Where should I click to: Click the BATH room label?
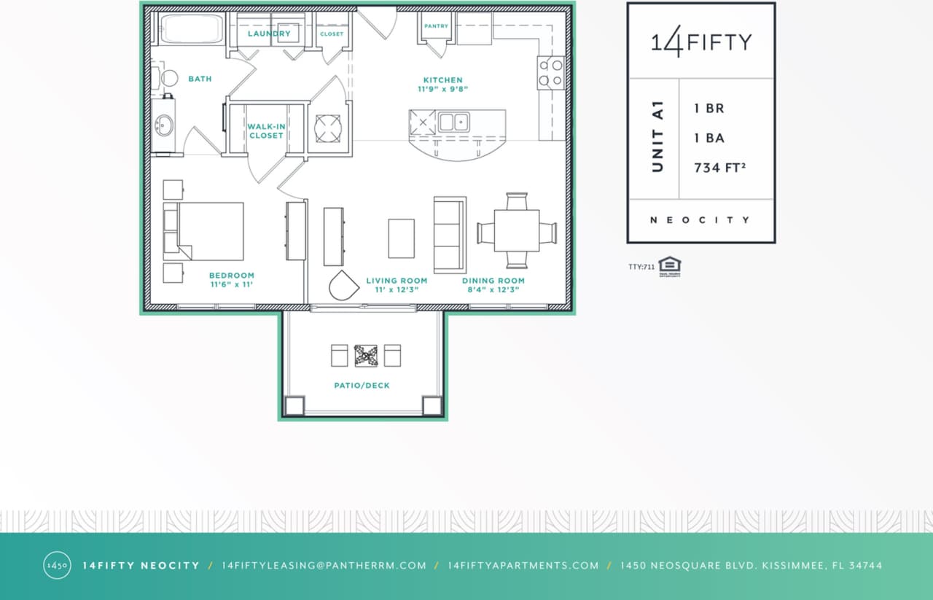pyautogui.click(x=200, y=79)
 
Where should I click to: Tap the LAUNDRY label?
pyautogui.click(x=269, y=34)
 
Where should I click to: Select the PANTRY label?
pyautogui.click(x=437, y=26)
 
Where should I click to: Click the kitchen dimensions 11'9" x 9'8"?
pyautogui.click(x=442, y=90)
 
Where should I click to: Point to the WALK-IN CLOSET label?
pyautogui.click(x=266, y=130)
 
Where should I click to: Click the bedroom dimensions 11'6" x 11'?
pyautogui.click(x=232, y=285)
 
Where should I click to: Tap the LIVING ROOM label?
pyautogui.click(x=397, y=281)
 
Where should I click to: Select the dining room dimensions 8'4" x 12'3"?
pyautogui.click(x=493, y=290)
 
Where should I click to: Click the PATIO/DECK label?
pyautogui.click(x=362, y=386)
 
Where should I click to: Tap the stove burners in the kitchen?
pyautogui.click(x=551, y=72)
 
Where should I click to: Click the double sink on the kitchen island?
pyautogui.click(x=453, y=122)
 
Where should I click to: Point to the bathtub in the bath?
pyautogui.click(x=192, y=29)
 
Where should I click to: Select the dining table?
pyautogui.click(x=517, y=230)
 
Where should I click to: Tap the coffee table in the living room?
pyautogui.click(x=401, y=238)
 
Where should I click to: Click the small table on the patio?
pyautogui.click(x=366, y=356)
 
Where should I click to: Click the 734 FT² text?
pyautogui.click(x=719, y=168)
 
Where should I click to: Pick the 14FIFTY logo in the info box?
pyautogui.click(x=700, y=42)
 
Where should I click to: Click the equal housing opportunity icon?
pyautogui.click(x=668, y=267)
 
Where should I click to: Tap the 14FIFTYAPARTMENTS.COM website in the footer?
pyautogui.click(x=523, y=566)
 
